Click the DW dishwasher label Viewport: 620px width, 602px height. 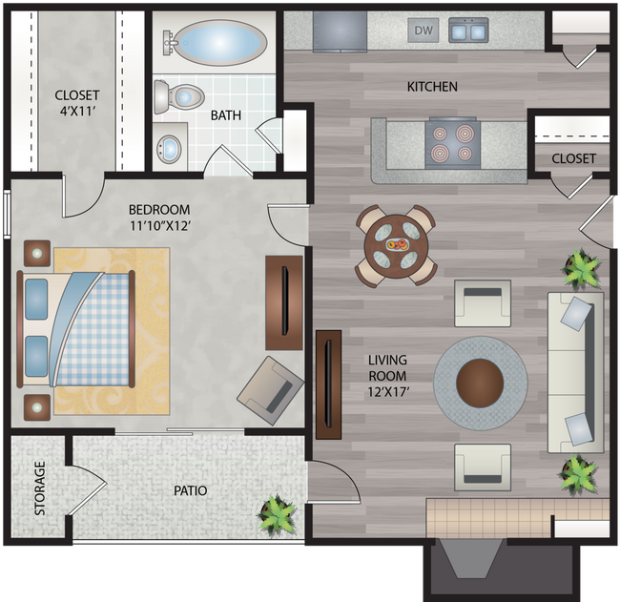(x=424, y=31)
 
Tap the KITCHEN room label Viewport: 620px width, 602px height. (x=432, y=87)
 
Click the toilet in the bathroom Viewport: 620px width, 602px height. (x=180, y=96)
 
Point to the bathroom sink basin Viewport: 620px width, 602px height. (x=171, y=148)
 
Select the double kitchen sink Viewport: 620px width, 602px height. (x=467, y=31)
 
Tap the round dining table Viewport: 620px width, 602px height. (x=396, y=245)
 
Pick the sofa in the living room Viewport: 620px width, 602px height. (x=575, y=372)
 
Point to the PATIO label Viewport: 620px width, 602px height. (x=191, y=491)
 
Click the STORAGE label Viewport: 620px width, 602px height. (x=40, y=488)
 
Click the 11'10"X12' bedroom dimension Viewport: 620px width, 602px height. (x=159, y=226)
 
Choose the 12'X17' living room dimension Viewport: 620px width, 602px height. (x=387, y=376)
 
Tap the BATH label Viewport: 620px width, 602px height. (x=226, y=115)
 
